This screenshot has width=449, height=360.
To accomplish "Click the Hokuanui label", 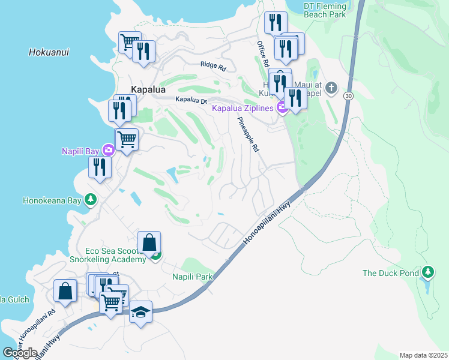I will [49, 52].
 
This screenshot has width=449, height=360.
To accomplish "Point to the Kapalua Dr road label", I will [191, 100].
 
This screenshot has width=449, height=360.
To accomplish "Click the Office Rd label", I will [262, 55].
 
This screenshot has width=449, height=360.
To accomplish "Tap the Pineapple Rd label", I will [247, 134].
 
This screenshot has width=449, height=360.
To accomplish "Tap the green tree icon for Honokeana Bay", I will [90, 199].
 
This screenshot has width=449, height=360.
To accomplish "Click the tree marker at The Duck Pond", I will [427, 273].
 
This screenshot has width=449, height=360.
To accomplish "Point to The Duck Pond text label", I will [390, 273].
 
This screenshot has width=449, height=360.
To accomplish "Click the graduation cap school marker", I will [140, 312].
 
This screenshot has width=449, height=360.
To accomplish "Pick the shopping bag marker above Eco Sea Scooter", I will [149, 243].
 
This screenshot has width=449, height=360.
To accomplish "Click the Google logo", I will [20, 353].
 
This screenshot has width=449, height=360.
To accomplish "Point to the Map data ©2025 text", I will [423, 355].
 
